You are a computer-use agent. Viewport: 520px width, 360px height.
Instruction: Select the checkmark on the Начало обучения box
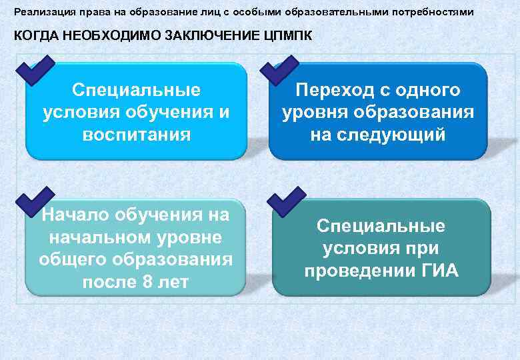point(35,199)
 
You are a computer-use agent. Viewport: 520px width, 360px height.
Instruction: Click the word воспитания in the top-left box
point(136,135)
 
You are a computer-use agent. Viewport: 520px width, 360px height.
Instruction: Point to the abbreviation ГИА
point(435,271)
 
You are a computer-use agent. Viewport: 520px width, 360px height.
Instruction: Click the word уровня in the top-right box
point(313,112)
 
